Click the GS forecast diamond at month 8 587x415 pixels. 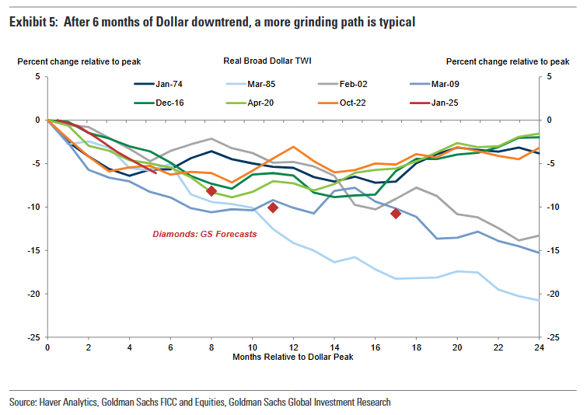211,191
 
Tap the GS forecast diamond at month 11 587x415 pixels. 273,207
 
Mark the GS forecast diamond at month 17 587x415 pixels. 395,213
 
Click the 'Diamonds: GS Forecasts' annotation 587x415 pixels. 204,234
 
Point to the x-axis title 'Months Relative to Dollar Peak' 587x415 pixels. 293,356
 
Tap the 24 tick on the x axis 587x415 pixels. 538,347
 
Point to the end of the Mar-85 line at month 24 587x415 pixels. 538,300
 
